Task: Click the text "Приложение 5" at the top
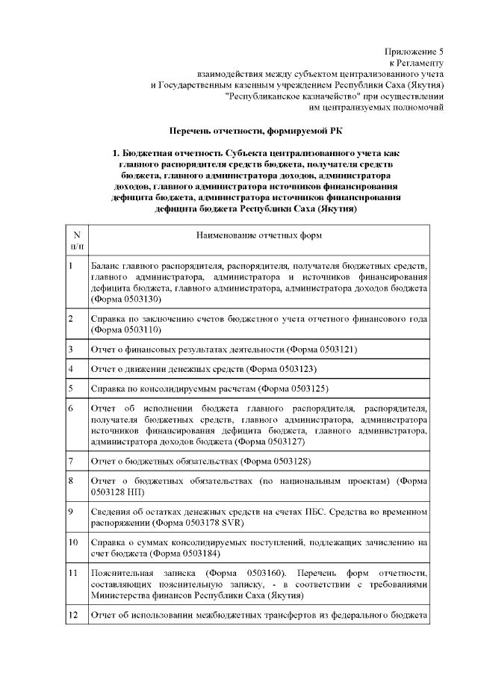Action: (414, 52)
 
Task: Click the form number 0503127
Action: (276, 441)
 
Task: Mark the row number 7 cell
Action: (76, 461)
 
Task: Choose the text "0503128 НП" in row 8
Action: (113, 492)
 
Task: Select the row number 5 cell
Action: (76, 389)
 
